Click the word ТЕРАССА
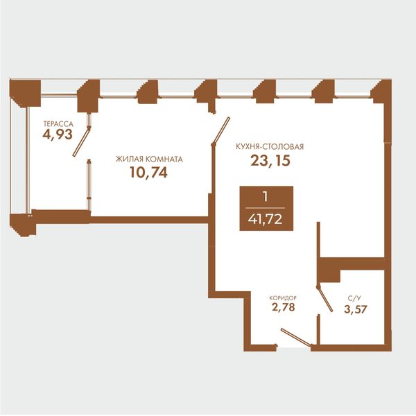(x=58, y=124)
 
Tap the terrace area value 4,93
(x=58, y=135)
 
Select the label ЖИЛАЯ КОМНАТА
(x=149, y=159)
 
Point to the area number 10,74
(x=148, y=173)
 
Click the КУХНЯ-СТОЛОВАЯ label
(x=270, y=147)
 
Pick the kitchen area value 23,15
(x=270, y=161)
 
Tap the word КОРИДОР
(x=283, y=298)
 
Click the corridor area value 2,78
(x=284, y=307)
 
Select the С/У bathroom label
(x=354, y=298)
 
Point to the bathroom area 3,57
(x=356, y=309)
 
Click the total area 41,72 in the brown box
(x=266, y=219)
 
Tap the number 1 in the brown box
(x=265, y=197)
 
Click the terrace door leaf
(x=81, y=141)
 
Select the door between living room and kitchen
(x=220, y=131)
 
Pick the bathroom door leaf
(x=324, y=299)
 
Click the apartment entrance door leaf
(x=296, y=337)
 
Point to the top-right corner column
(x=381, y=91)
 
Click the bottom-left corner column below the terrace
(x=23, y=225)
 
